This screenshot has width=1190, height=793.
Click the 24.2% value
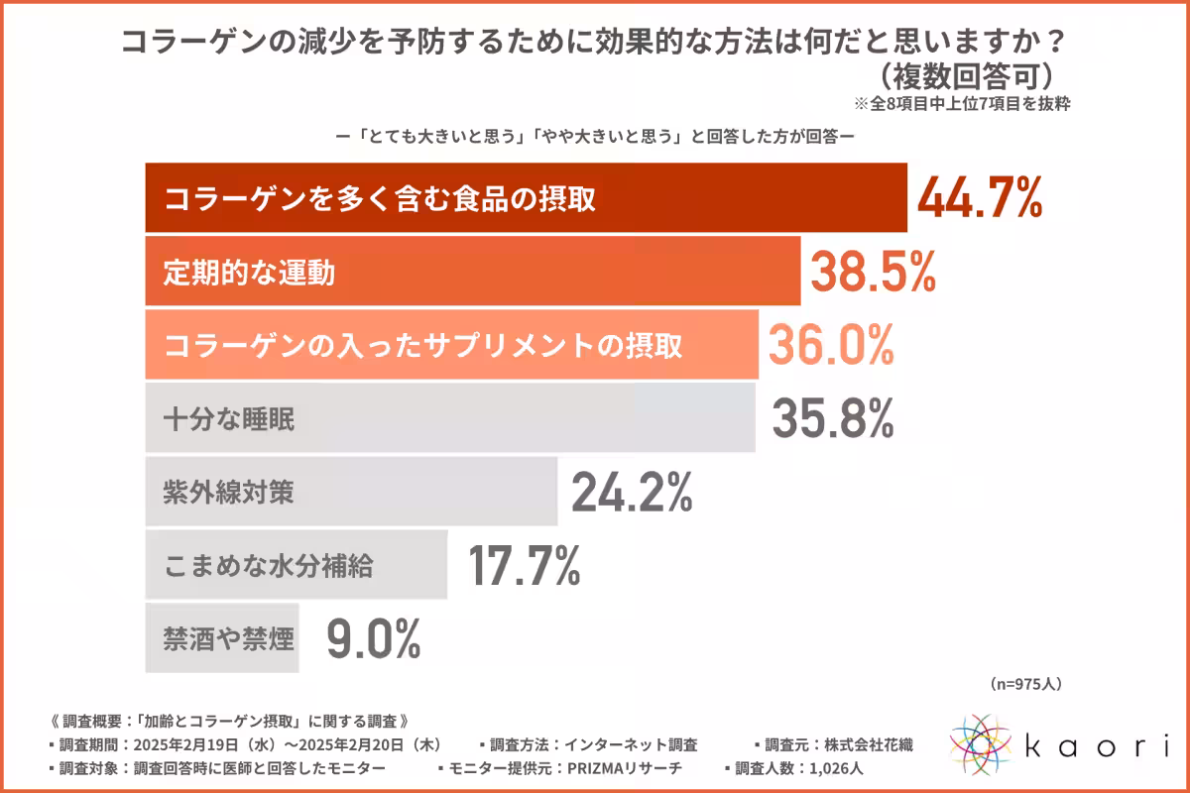(631, 492)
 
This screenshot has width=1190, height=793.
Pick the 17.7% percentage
(523, 565)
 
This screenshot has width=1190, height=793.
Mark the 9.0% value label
(374, 638)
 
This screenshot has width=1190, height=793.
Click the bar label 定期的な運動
(249, 273)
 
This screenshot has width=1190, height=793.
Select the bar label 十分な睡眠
(229, 419)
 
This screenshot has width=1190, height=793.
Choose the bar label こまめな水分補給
(269, 566)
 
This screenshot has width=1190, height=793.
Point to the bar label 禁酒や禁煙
(229, 639)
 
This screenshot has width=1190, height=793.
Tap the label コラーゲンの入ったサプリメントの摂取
(423, 346)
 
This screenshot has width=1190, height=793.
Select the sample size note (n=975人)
(1026, 684)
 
